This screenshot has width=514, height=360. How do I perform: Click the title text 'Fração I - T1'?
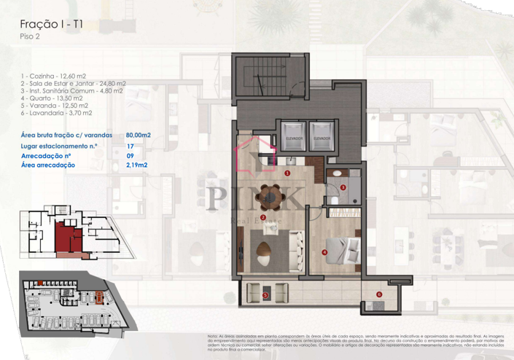50,24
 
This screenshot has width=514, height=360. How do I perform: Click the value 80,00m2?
139,135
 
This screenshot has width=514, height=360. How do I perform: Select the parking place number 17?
130,146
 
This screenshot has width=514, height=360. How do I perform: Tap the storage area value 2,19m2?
136,165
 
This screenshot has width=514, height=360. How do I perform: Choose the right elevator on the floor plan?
322,135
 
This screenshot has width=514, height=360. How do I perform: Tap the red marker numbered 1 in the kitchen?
288,173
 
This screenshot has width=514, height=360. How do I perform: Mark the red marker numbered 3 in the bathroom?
343,187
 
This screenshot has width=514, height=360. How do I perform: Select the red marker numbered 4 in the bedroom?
324,253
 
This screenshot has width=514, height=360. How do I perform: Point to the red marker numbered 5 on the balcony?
265,295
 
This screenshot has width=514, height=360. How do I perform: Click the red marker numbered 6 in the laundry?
378,294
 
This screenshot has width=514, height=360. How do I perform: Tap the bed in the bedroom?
343,249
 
